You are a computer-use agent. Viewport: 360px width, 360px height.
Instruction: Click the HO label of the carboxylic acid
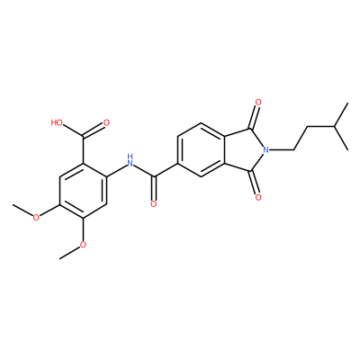(x=57, y=122)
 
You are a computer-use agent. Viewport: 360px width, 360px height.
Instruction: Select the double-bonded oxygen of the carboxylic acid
(x=105, y=122)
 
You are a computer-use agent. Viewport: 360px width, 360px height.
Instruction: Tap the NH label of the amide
(x=130, y=160)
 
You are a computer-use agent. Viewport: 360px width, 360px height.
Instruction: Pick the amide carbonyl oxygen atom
(x=154, y=204)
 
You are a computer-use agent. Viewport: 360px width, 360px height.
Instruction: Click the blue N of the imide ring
(x=265, y=149)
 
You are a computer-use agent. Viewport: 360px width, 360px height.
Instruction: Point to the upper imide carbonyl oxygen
(x=258, y=103)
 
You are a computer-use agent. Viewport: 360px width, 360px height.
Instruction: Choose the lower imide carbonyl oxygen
(x=258, y=197)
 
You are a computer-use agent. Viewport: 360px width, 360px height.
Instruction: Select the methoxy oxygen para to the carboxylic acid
(x=83, y=245)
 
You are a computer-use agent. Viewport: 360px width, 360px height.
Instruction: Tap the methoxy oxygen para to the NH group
(x=36, y=218)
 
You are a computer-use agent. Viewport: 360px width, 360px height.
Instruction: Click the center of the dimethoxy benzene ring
(x=83, y=191)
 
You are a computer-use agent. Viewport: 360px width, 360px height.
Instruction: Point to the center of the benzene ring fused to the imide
(x=201, y=149)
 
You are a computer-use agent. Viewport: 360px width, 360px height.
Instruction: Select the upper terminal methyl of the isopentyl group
(x=347, y=103)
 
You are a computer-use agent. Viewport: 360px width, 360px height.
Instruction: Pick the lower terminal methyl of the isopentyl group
(x=347, y=149)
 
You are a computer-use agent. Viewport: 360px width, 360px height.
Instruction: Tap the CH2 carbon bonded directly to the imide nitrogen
(x=293, y=149)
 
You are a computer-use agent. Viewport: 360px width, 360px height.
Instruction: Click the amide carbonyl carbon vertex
(x=154, y=176)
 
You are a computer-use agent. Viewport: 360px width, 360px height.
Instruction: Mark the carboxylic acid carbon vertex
(x=83, y=137)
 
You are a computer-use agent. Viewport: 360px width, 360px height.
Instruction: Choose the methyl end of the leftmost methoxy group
(x=13, y=205)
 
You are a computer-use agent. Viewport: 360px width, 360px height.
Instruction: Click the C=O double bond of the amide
(x=154, y=189)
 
